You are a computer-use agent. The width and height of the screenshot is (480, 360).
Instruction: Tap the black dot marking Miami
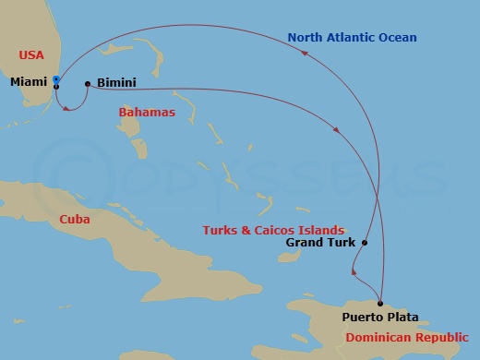56,86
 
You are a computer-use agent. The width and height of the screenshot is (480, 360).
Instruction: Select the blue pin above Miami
55,79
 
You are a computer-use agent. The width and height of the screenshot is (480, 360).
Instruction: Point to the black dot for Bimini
88,84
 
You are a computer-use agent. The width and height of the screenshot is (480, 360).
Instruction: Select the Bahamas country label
146,112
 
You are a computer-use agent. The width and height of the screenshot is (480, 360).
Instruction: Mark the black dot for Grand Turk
365,244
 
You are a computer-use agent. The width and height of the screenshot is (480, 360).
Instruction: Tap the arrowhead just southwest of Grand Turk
354,270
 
